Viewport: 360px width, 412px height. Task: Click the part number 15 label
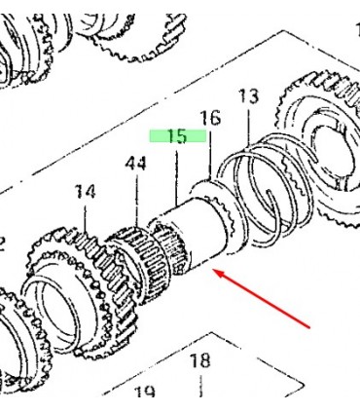pyautogui.click(x=178, y=136)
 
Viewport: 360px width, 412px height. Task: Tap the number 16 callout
pyautogui.click(x=210, y=118)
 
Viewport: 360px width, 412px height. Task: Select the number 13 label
pyautogui.click(x=249, y=96)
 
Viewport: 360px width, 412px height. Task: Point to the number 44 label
pyautogui.click(x=136, y=164)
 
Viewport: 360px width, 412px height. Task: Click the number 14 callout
pyautogui.click(x=85, y=192)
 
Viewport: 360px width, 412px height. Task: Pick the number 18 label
pyautogui.click(x=200, y=360)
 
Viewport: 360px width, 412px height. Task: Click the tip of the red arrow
pyautogui.click(x=215, y=271)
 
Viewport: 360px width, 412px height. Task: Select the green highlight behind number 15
pyautogui.click(x=178, y=135)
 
